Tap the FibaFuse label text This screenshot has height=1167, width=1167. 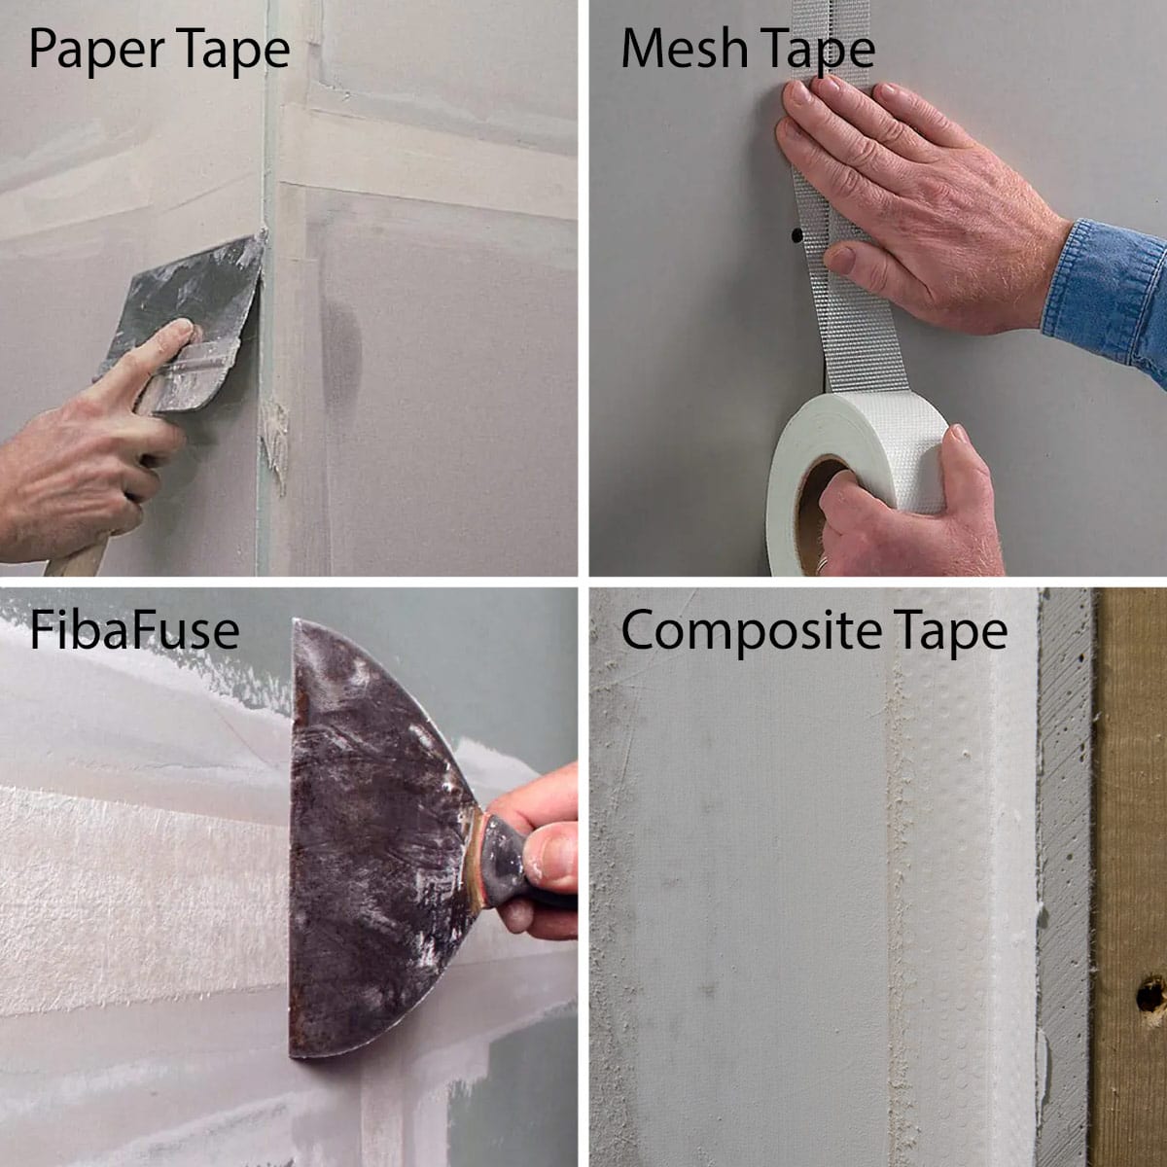[x=134, y=630]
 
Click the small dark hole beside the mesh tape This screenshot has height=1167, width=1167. [x=796, y=235]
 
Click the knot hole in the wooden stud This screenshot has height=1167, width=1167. [x=1150, y=994]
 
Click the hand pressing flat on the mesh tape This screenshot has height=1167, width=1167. [x=904, y=194]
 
